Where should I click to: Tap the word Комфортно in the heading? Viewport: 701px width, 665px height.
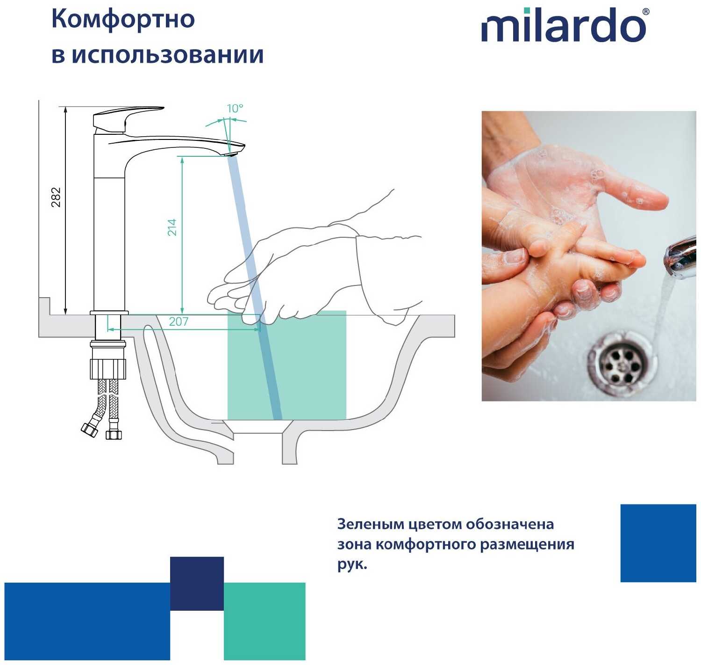[123, 19]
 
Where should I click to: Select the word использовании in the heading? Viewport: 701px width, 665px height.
[168, 55]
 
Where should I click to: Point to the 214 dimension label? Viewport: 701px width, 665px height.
[172, 227]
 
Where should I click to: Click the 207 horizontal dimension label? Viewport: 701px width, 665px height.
[178, 322]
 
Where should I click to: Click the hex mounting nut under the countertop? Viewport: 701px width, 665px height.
[108, 369]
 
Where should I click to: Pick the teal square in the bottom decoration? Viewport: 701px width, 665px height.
[265, 621]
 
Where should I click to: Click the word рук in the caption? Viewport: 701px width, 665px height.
[351, 565]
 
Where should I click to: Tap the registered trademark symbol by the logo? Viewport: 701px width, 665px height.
[645, 12]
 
